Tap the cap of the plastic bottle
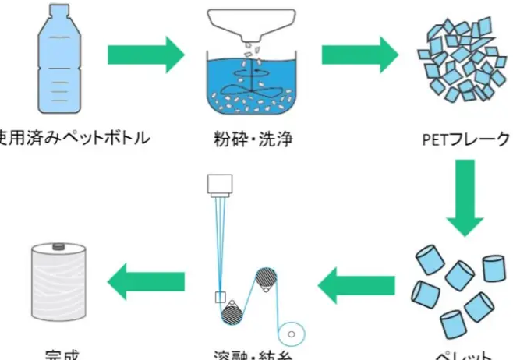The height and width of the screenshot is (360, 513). click(x=58, y=10)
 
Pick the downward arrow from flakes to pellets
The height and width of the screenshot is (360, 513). click(x=466, y=199)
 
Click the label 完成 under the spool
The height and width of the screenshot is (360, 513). click(x=59, y=355)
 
